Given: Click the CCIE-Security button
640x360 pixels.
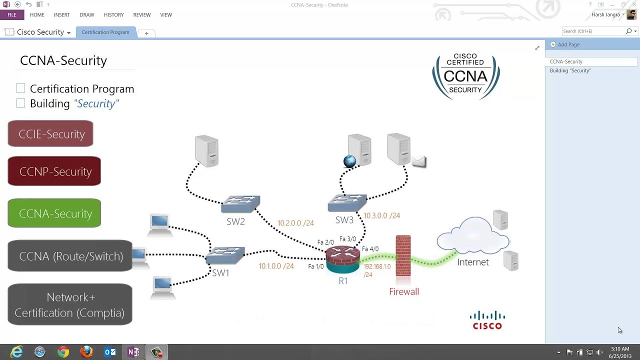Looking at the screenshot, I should (50, 133).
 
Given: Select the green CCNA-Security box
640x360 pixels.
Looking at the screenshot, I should (54, 213).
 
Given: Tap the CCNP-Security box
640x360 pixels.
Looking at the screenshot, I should (54, 171).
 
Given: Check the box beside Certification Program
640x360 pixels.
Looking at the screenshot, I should (20, 88).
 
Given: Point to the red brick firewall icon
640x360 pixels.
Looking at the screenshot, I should (403, 255).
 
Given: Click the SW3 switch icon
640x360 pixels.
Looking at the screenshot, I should (347, 202).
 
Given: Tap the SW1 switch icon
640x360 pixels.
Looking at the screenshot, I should (225, 255).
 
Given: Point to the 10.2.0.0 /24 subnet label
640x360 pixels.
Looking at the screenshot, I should (295, 223).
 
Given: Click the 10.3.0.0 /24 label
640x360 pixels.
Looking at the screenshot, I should (381, 215).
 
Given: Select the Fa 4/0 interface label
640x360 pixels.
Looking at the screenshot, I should (370, 249).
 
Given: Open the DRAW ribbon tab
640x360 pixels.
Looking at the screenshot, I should (86, 15).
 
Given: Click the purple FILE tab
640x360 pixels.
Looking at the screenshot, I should (12, 15).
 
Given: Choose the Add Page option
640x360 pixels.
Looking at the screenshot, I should (568, 44).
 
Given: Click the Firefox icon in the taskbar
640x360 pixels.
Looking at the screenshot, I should (86, 352).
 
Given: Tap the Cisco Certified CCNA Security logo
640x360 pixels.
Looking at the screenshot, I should (465, 76).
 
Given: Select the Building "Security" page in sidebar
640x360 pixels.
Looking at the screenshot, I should (570, 70).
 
